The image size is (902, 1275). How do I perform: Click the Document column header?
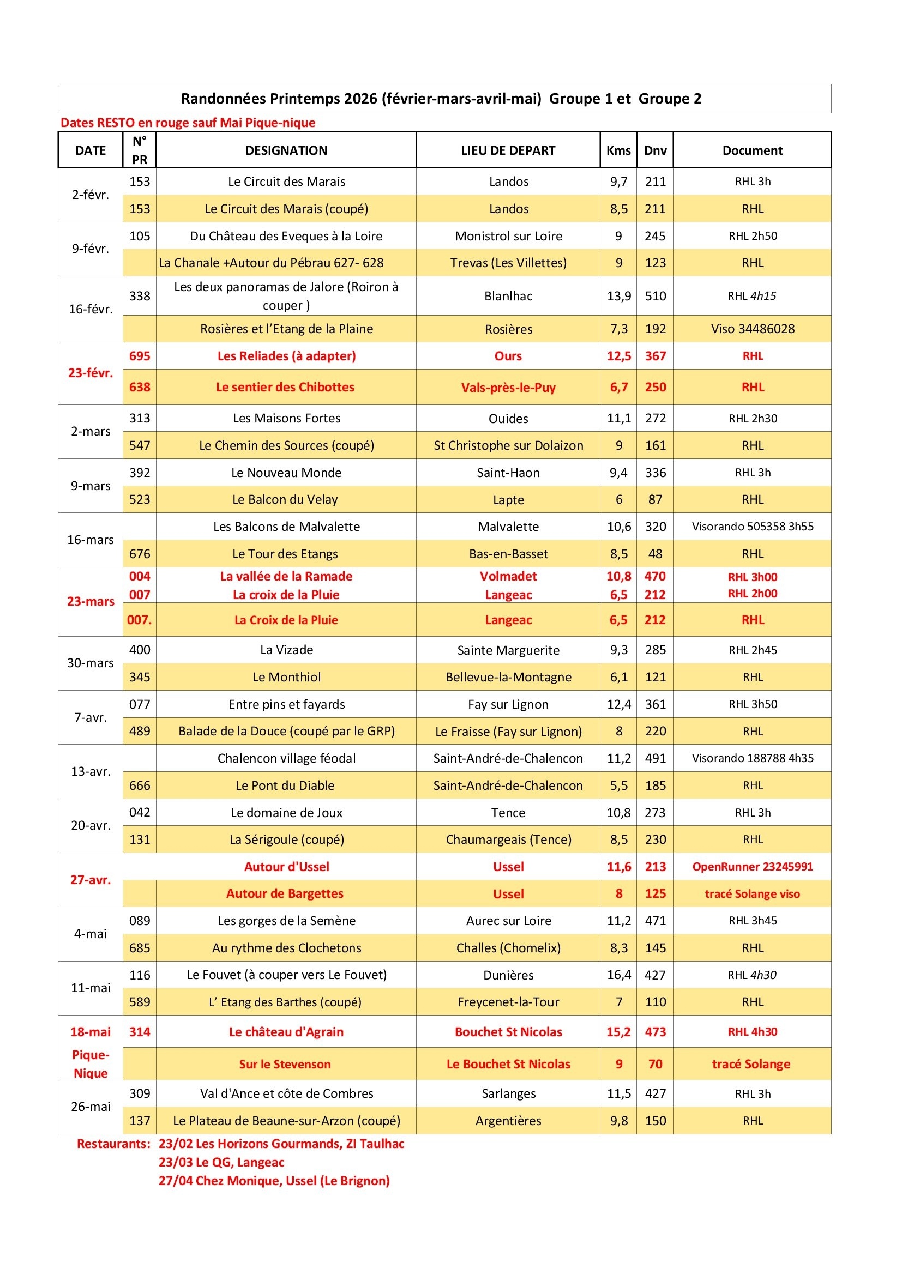[752, 150]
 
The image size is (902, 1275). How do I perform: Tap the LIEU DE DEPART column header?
[508, 150]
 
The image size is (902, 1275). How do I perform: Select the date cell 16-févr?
[91, 309]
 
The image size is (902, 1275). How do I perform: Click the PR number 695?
[140, 356]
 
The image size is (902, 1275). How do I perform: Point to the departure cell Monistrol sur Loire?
[508, 236]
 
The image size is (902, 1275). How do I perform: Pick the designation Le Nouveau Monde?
[286, 473]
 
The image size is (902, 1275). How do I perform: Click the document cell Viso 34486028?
[752, 329]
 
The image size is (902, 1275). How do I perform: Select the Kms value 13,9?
[618, 296]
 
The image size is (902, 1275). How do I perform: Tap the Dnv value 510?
[655, 296]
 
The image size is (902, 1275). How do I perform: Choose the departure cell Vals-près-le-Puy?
[508, 388]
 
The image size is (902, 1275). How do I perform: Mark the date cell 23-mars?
[91, 601]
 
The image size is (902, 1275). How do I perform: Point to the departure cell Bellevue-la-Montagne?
[508, 677]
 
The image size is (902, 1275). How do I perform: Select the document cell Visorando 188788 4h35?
[752, 758]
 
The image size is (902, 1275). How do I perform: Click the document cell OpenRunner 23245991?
[752, 866]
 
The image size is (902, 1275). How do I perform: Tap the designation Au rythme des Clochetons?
[286, 948]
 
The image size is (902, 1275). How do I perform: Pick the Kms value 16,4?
[618, 975]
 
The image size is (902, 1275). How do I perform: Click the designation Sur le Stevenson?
[284, 1064]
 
